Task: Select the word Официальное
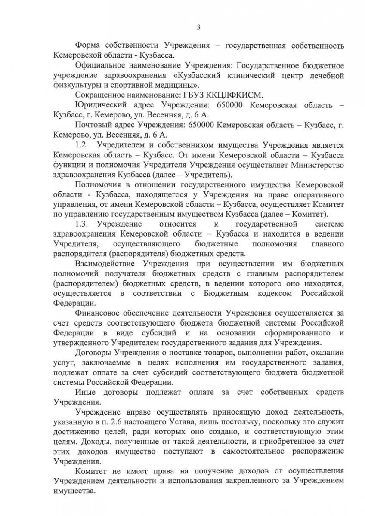(x=101, y=65)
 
